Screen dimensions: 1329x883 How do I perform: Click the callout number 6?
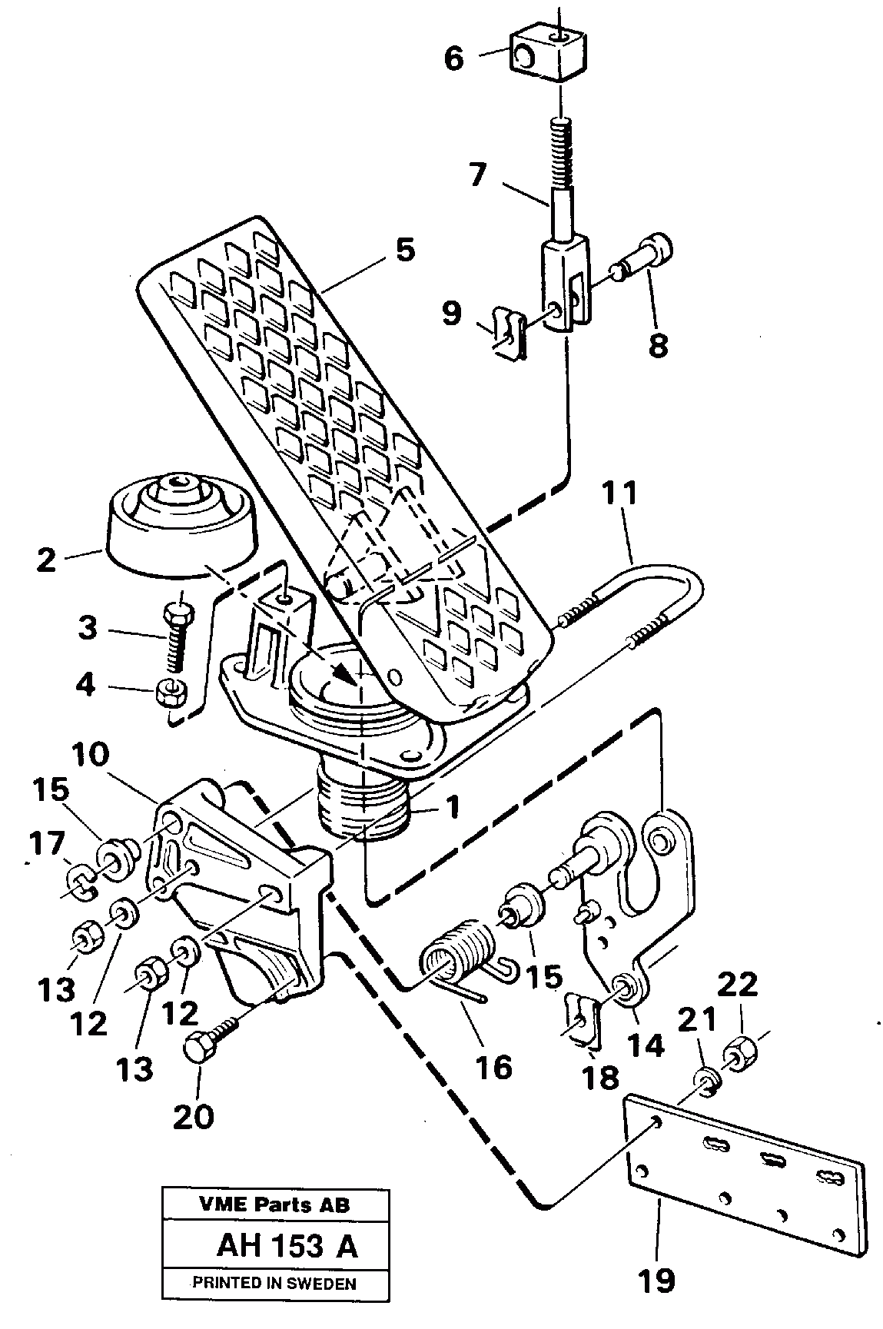pyautogui.click(x=454, y=58)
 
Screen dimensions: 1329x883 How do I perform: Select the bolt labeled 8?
pyautogui.click(x=643, y=263)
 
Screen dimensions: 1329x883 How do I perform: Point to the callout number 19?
pyautogui.click(x=658, y=1280)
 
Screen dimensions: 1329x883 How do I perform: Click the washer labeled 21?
pyautogui.click(x=710, y=1078)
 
